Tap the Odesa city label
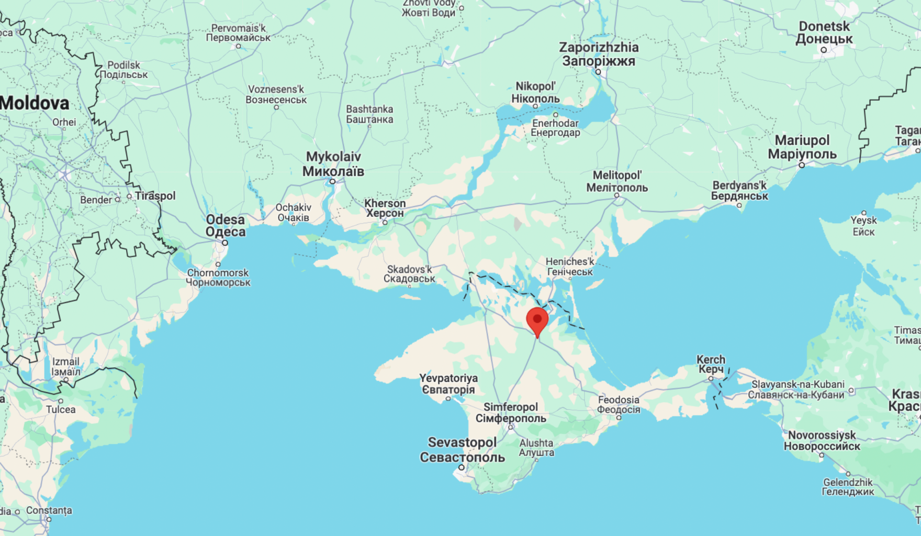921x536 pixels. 225,226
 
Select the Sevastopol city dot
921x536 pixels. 462,467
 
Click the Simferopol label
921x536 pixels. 511,413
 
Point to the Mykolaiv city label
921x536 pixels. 333,164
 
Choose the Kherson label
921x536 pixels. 385,208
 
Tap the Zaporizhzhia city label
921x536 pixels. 599,54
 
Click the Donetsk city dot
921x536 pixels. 824,50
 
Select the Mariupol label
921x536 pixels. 802,147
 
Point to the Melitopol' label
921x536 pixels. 617,181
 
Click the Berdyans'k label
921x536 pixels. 739,191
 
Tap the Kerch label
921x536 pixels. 711,364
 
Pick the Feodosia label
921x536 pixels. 619,404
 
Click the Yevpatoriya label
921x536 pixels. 448,384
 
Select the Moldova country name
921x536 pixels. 35,103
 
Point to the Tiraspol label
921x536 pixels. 155,196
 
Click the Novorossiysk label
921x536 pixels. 822,441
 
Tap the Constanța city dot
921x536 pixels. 49,520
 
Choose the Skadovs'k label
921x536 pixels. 409,274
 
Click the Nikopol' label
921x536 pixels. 535,92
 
